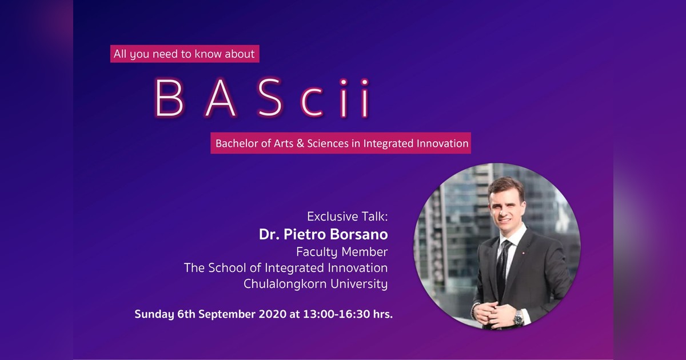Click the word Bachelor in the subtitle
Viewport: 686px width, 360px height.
coord(234,143)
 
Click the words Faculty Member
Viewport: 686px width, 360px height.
coord(342,251)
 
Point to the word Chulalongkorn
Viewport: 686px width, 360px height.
coord(280,284)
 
